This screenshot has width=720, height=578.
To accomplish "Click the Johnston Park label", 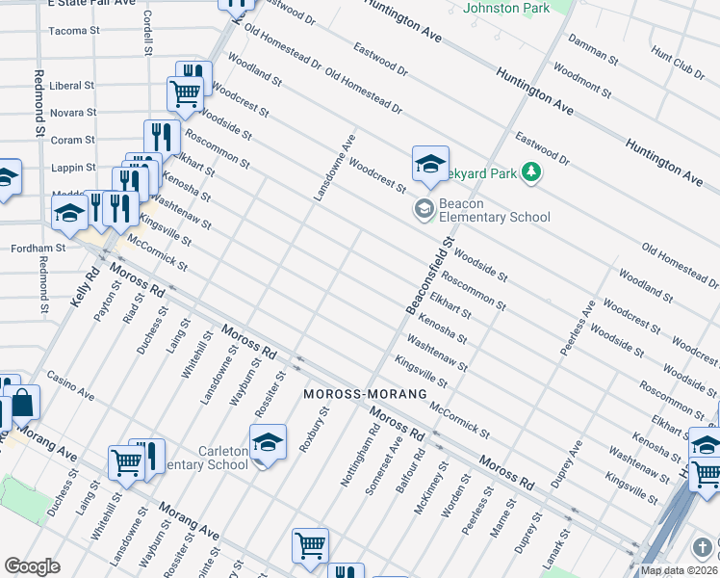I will (x=506, y=8).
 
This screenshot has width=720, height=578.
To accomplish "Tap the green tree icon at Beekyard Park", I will (x=530, y=173).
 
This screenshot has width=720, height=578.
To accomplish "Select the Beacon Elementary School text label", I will (x=494, y=210).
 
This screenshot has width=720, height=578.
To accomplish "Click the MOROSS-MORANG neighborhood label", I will (x=365, y=395).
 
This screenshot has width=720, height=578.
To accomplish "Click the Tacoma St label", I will (x=75, y=31).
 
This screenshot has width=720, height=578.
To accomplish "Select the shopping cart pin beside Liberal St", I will (x=185, y=93).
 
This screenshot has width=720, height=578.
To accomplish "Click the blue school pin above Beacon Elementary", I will (x=430, y=163).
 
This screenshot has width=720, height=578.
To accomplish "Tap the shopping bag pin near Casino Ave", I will (x=23, y=404).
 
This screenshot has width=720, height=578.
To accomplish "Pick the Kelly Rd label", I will (x=85, y=287).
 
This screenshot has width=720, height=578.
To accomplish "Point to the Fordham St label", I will (x=38, y=248).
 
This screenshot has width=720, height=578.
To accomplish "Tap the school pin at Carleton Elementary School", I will (x=268, y=441).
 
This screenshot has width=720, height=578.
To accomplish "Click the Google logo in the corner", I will (x=32, y=566).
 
